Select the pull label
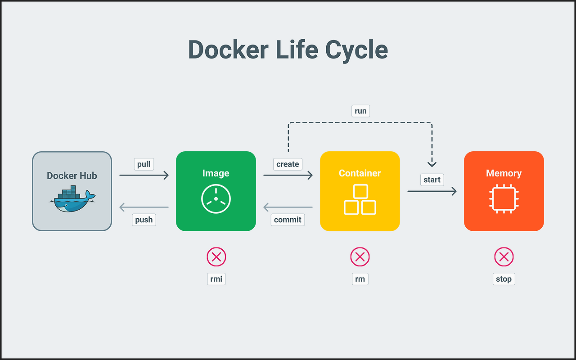tap(144, 164)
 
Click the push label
tap(144, 220)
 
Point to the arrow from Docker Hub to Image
tap(144, 175)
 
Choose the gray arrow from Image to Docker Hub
tap(144, 207)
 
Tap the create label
tap(288, 164)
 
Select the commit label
tap(288, 220)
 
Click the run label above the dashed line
tap(360, 111)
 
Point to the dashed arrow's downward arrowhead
tap(432, 163)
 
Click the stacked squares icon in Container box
tap(360, 200)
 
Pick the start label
tap(432, 180)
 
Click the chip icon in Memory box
tap(504, 198)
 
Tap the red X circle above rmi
tap(216, 257)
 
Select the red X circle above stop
tap(504, 257)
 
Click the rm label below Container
tap(360, 279)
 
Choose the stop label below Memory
tap(504, 279)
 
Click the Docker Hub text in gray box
tap(72, 176)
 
